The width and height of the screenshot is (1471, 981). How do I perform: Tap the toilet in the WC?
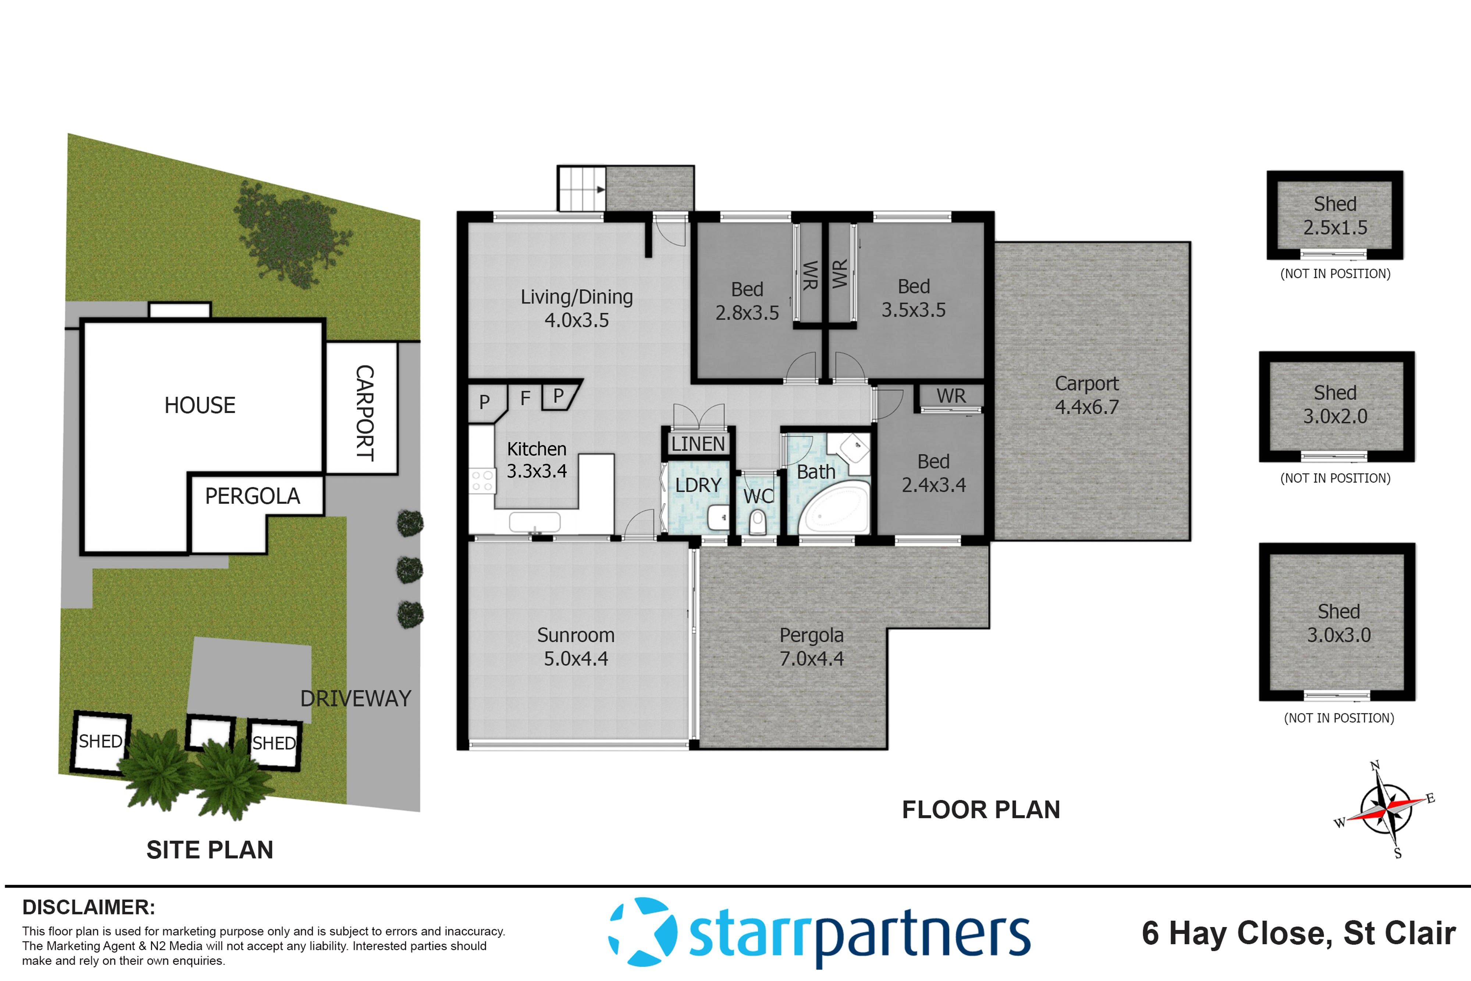[758, 521]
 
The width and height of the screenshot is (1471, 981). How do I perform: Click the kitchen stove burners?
[482, 480]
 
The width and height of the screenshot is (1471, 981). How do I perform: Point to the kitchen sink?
[535, 521]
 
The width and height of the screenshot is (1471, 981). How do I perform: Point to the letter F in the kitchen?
[526, 398]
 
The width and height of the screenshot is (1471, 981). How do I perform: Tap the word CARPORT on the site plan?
[364, 413]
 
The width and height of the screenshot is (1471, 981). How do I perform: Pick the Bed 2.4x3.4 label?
[933, 473]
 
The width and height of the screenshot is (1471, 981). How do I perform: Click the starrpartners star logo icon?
[643, 932]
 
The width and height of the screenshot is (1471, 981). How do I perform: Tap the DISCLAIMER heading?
[89, 907]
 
